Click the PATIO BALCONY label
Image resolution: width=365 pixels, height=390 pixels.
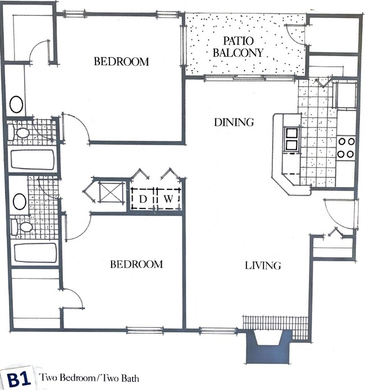click(x=243, y=47)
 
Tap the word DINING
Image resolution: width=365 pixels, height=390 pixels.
click(x=234, y=122)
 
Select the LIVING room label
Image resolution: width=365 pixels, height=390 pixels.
click(x=262, y=265)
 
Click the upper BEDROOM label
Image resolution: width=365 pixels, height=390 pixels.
click(x=121, y=61)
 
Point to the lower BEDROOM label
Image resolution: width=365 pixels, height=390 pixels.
click(x=136, y=264)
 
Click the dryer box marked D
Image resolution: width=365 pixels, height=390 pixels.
click(x=143, y=198)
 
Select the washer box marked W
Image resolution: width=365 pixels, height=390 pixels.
click(x=167, y=198)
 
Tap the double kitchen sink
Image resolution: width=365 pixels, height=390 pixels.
click(x=291, y=139)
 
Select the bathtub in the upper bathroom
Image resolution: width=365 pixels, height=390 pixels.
click(x=32, y=159)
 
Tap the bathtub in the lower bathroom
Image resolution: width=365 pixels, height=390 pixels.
click(x=35, y=252)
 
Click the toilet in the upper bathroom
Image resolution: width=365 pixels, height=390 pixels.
click(x=22, y=133)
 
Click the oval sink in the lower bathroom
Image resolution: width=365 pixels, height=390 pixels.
click(x=19, y=201)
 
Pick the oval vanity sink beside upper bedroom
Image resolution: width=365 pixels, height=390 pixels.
click(x=16, y=105)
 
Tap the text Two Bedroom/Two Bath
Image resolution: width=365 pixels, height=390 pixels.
click(x=89, y=378)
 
